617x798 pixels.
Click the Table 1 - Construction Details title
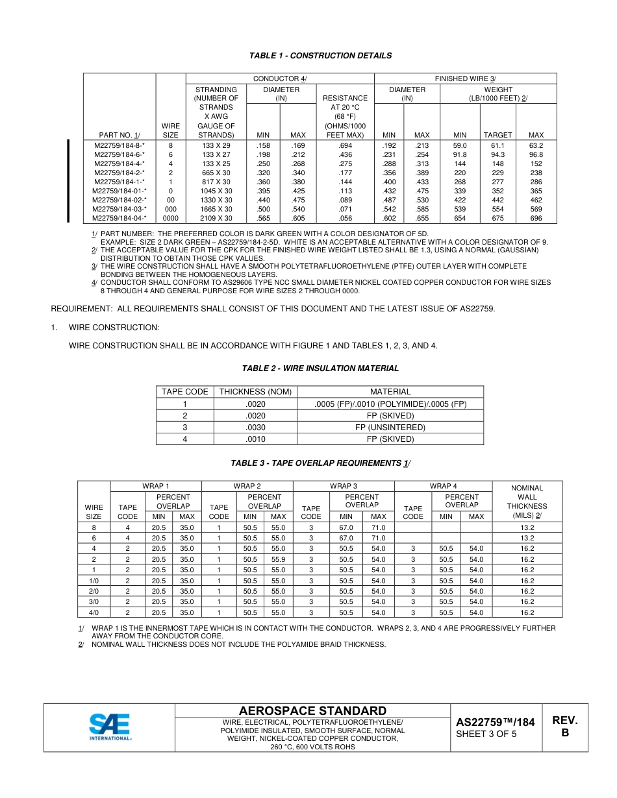(320, 56)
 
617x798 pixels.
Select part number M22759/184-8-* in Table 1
(120, 146)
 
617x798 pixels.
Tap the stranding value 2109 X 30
(216, 219)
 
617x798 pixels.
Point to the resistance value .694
(346, 146)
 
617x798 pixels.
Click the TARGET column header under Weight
(498, 135)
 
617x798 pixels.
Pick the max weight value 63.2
(536, 146)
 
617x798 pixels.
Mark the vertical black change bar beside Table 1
(68, 180)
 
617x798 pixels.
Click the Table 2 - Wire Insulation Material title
(320, 369)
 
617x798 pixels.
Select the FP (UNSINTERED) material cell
(390, 428)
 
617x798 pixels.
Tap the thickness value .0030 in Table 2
(255, 428)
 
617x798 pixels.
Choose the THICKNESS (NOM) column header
(255, 392)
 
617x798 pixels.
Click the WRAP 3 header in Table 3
(344, 486)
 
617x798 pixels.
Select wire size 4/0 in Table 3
(94, 612)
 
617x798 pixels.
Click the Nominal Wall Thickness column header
(527, 502)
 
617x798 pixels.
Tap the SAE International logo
(110, 727)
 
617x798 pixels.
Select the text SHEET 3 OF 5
(486, 734)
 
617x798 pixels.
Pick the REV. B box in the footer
(564, 727)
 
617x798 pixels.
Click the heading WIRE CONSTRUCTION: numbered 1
(114, 328)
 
